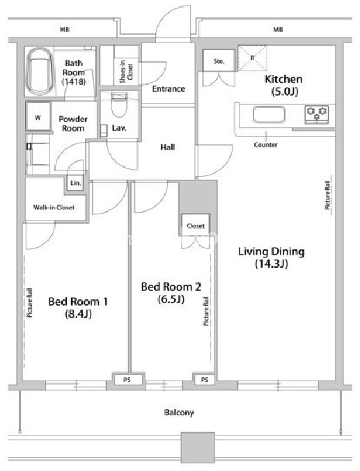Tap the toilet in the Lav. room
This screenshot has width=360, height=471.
click(119, 105)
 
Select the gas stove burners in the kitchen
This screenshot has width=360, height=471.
click(317, 114)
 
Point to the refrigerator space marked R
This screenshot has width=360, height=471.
click(252, 58)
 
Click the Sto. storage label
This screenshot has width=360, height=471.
click(219, 61)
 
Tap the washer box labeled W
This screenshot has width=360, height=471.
click(38, 117)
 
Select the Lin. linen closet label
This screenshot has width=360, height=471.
click(75, 183)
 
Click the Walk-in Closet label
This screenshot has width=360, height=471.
click(54, 207)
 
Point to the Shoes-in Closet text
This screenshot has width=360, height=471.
click(126, 72)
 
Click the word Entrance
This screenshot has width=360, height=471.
click(169, 88)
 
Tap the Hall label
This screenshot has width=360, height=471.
click(168, 147)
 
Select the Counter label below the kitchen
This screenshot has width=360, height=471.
click(265, 145)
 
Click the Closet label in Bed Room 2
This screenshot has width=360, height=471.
click(196, 225)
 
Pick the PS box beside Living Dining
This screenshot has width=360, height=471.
click(205, 380)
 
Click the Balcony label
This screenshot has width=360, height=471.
click(179, 413)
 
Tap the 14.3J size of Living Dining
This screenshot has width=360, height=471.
click(272, 264)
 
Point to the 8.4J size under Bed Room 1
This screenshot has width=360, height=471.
click(78, 314)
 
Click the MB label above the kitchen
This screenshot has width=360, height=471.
click(278, 29)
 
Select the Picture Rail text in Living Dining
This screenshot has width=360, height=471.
click(327, 195)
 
